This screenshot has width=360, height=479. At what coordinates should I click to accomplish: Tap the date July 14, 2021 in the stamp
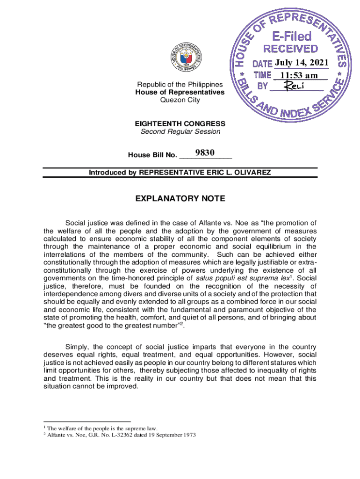coord(302,63)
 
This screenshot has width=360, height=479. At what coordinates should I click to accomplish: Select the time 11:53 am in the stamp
coord(300,75)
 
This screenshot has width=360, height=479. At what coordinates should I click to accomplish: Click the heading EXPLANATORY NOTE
coord(180,199)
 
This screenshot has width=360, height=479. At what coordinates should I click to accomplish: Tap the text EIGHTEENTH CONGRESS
coord(180,124)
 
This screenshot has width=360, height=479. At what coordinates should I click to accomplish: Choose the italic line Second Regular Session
coord(180,131)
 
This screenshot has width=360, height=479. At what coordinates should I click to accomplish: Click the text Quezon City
coord(180,100)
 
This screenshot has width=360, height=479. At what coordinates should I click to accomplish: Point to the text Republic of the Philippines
coord(180,85)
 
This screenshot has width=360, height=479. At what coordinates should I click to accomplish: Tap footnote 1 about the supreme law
coord(101,428)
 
